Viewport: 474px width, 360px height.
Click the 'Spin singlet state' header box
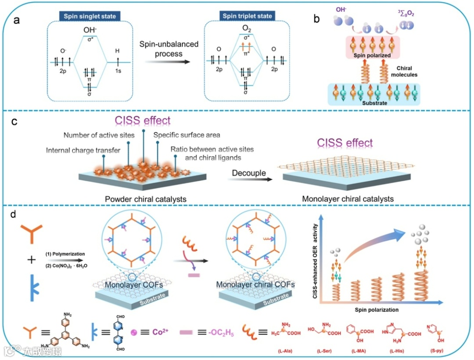click(x=90, y=16)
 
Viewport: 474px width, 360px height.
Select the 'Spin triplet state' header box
click(x=248, y=16)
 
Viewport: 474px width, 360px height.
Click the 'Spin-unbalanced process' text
click(x=169, y=48)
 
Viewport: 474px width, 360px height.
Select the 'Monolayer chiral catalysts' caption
click(x=348, y=199)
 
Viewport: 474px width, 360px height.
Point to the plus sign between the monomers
click(x=31, y=260)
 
